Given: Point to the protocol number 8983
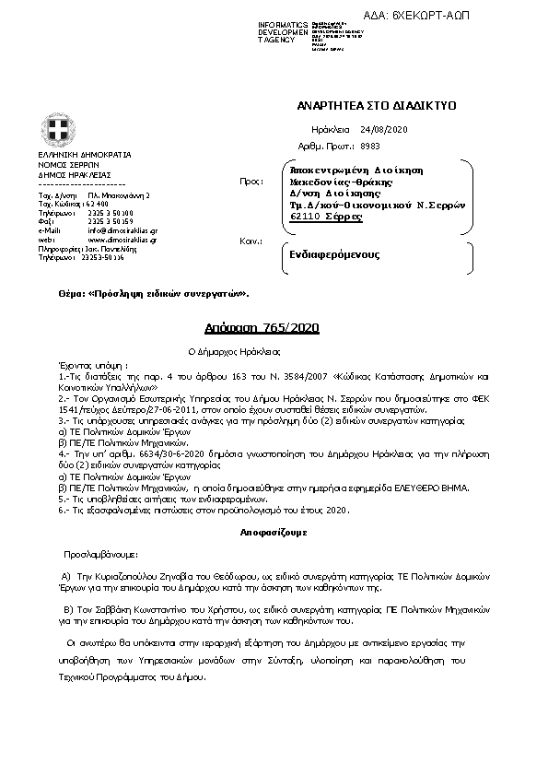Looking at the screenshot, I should pyautogui.click(x=371, y=146).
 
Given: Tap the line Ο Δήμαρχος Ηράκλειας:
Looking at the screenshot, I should pyautogui.click(x=241, y=351).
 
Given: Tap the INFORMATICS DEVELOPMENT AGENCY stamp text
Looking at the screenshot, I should pyautogui.click(x=283, y=31).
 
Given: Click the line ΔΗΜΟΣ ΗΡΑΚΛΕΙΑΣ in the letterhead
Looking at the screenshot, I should pyautogui.click(x=75, y=173).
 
